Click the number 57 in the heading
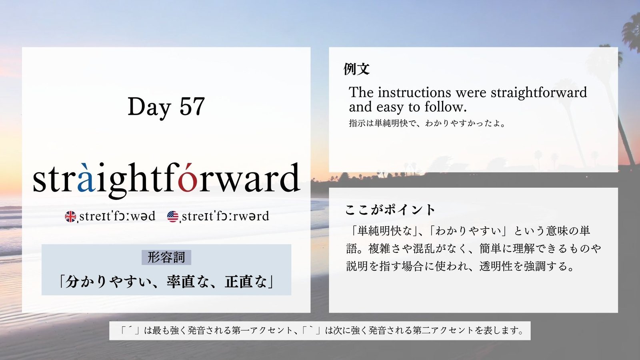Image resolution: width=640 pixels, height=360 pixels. pos(192,106)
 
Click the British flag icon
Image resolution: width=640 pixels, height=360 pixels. pos(70,216)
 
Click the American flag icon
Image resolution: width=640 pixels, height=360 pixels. pos(172,216)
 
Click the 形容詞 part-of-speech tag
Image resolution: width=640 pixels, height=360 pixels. pos(166,257)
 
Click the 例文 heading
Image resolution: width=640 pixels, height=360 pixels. pos(356,69)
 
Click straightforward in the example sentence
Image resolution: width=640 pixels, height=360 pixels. pos(538,93)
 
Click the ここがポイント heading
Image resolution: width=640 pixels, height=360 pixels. pos(390,210)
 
